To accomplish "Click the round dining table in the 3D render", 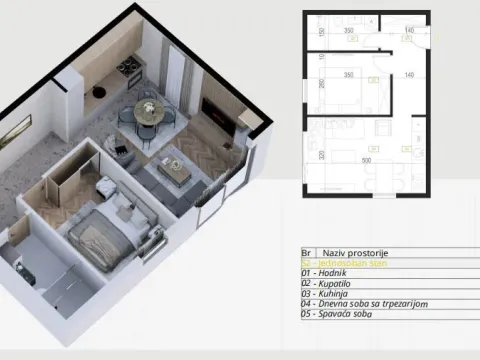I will click(146, 110).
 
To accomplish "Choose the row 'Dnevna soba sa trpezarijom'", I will click(360, 305).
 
